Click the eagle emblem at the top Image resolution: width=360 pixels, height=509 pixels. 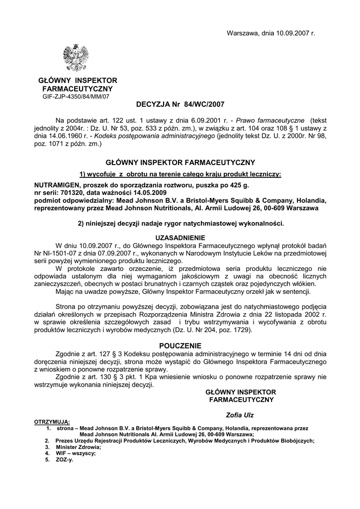click(x=76, y=58)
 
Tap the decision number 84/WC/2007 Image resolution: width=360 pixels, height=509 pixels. click(x=204, y=104)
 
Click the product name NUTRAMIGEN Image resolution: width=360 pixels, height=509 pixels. click(x=53, y=184)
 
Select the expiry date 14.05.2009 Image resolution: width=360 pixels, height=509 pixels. click(x=148, y=192)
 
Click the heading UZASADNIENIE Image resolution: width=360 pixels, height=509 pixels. click(x=180, y=238)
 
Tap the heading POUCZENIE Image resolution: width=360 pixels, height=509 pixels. click(x=180, y=345)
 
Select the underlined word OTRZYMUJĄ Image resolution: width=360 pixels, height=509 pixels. click(x=52, y=422)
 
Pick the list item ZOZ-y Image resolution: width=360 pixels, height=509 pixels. click(x=64, y=459)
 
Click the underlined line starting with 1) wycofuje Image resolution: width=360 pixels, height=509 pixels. click(x=180, y=174)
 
